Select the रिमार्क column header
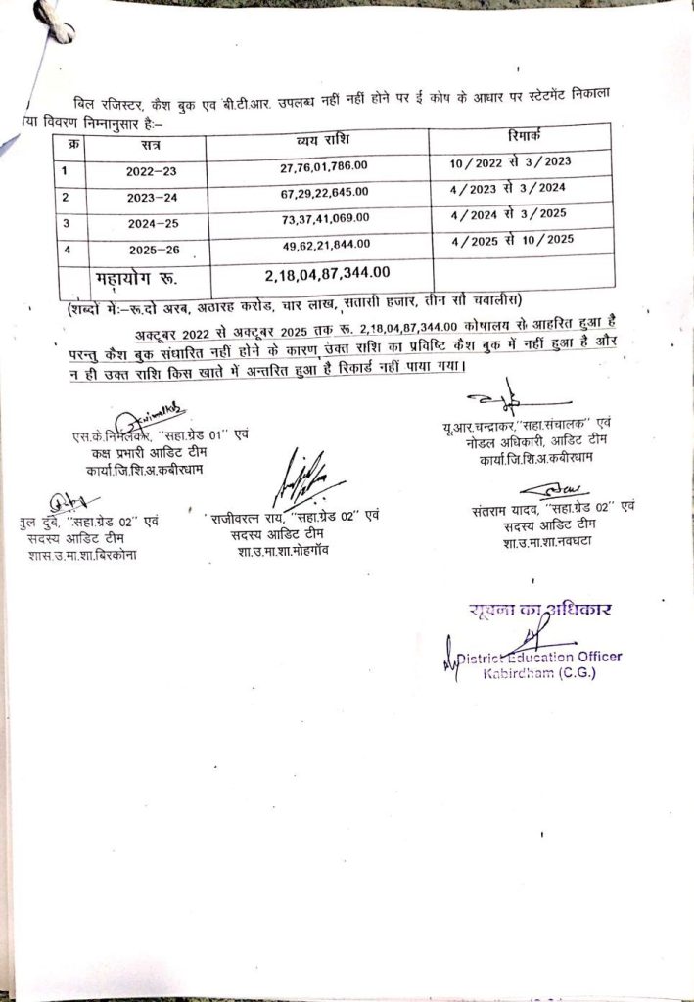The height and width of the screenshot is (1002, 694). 530,138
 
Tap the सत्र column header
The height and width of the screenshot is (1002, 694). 151,146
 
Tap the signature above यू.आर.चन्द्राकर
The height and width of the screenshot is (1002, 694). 497,400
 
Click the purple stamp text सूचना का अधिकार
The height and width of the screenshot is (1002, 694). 539,612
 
